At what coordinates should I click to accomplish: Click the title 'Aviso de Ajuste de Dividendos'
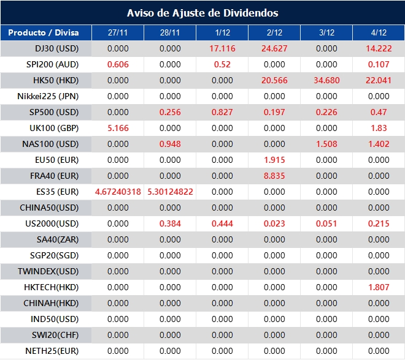(202, 13)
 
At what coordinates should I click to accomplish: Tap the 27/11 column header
(118, 32)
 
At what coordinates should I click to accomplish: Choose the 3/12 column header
(326, 32)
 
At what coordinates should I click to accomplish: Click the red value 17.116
(222, 48)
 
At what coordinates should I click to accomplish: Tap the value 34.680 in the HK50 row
(326, 80)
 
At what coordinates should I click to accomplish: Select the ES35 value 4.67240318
(118, 192)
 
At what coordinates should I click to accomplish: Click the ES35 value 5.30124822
(170, 192)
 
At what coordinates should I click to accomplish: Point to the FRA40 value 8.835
(274, 176)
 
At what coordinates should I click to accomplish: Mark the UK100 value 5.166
(118, 128)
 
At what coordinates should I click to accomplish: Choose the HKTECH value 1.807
(379, 287)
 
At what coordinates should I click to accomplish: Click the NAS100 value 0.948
(170, 144)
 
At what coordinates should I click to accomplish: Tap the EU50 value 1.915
(274, 160)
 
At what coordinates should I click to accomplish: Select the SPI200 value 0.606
(118, 64)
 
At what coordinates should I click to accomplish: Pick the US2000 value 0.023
(274, 223)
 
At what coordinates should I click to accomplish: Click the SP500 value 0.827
(222, 112)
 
